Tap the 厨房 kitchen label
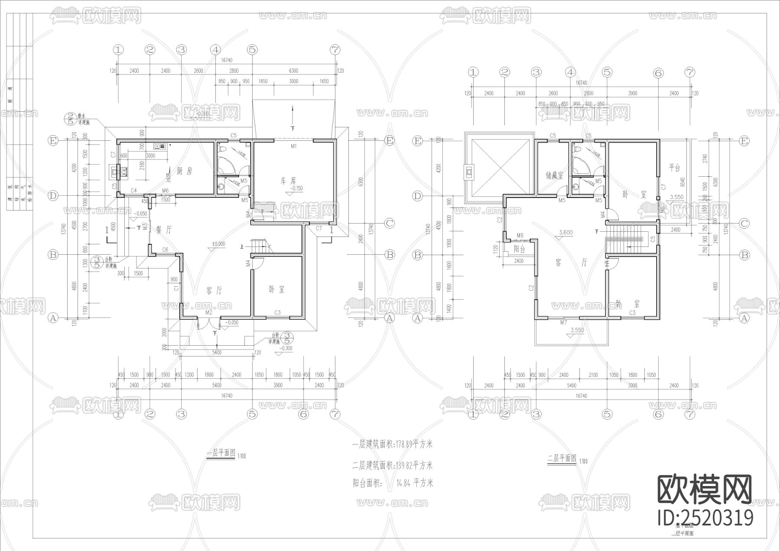pos(184,171)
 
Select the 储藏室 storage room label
pos(554,175)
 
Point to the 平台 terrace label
pos(674,168)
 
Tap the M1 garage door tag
pos(293,146)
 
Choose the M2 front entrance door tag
pos(208,312)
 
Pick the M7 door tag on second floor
pos(563,323)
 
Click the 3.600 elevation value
pos(565,233)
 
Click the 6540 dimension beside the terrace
pos(683,182)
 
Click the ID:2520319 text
pos(705,518)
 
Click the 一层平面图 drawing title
pos(221,454)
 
